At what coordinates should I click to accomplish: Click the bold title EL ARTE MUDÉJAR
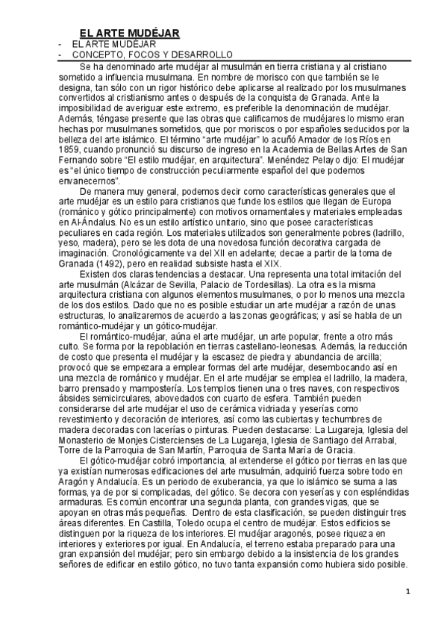(x=130, y=33)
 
